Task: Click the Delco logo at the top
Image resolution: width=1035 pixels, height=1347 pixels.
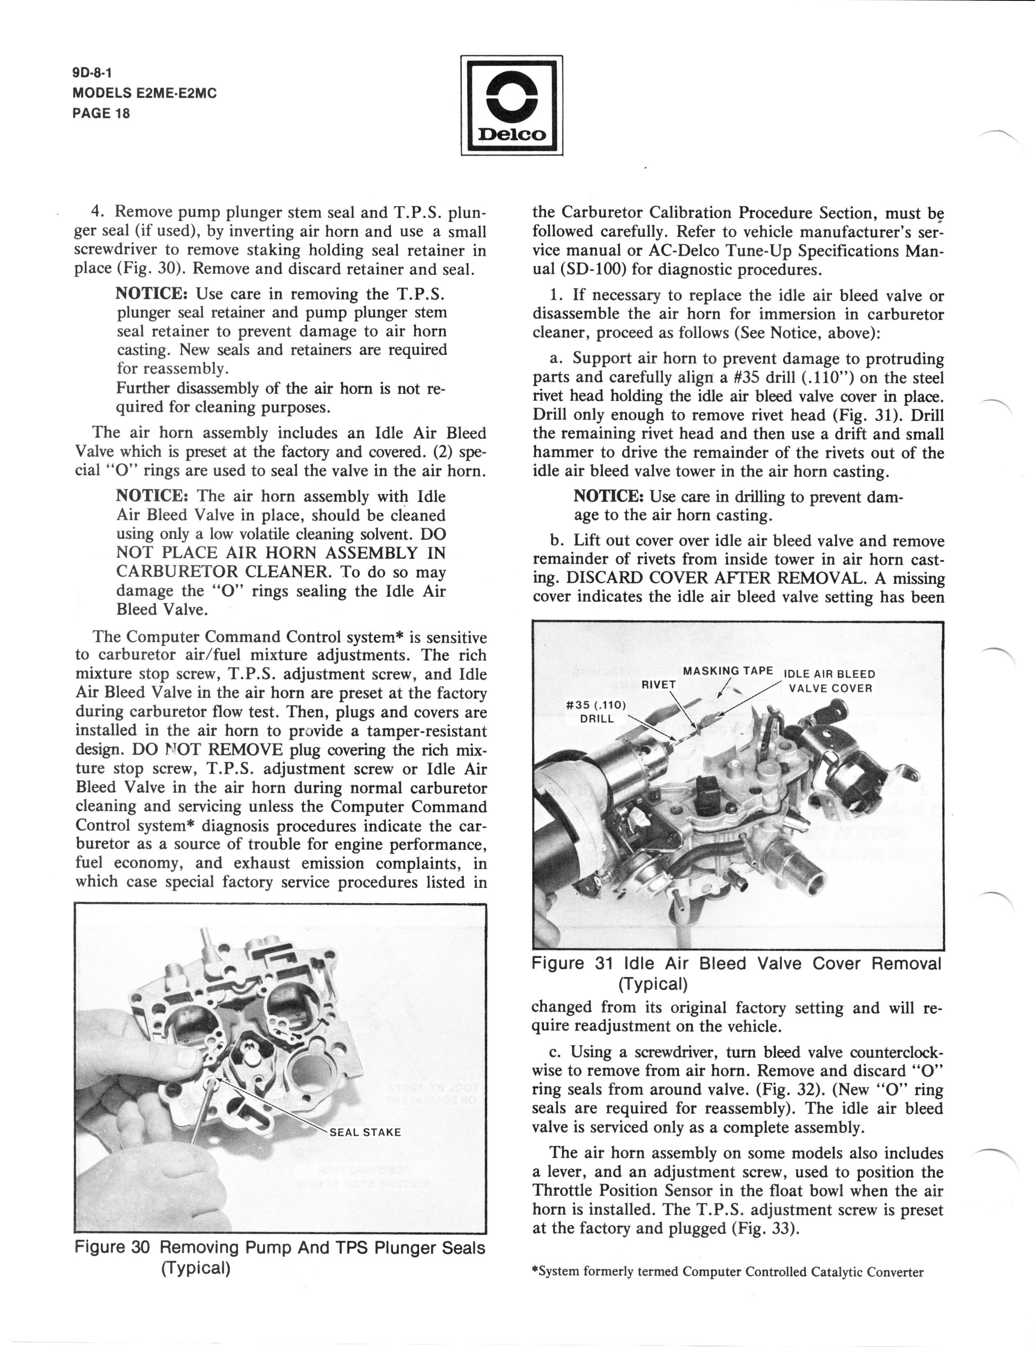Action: [x=512, y=105]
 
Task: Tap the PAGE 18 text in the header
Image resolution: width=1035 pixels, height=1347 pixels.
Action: [x=101, y=114]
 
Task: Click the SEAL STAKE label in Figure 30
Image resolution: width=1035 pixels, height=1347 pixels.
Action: [x=365, y=1133]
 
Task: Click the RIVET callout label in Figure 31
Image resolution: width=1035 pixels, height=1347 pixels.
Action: [x=659, y=684]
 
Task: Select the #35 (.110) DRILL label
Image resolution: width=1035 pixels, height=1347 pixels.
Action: [x=596, y=712]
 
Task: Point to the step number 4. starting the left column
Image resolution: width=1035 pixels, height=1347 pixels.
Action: [x=97, y=213]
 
